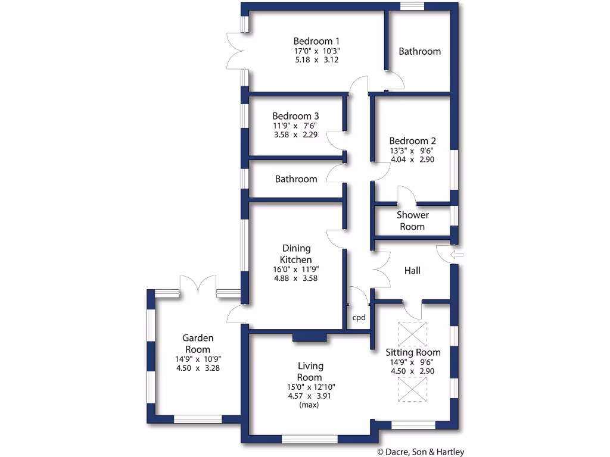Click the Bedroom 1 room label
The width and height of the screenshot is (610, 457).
316,41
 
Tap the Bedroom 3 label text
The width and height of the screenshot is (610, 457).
295,116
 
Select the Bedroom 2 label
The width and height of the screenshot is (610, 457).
412,141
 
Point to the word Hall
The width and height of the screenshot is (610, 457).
412,270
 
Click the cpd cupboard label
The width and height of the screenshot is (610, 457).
359,317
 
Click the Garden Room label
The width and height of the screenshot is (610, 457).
198,343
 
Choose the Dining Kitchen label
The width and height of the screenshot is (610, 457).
296,254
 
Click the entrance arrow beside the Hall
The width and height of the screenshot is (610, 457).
457,255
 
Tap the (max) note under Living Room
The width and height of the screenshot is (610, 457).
309,405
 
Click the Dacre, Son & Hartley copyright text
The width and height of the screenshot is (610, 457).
421,452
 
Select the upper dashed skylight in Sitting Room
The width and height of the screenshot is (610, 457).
412,334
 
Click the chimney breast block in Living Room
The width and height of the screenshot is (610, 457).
309,337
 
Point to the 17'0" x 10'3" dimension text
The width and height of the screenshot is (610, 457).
316,51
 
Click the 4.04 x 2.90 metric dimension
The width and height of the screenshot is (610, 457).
412,159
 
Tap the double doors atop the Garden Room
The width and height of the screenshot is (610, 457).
198,284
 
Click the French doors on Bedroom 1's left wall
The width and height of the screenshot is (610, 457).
234,50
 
